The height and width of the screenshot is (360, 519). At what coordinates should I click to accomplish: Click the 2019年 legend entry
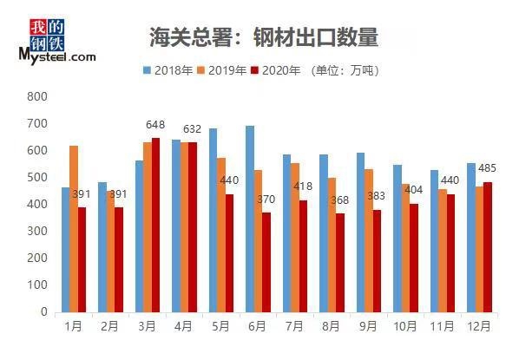(222, 70)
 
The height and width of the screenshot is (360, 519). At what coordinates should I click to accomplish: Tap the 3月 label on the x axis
(146, 326)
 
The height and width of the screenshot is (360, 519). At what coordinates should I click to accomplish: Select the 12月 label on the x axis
(478, 326)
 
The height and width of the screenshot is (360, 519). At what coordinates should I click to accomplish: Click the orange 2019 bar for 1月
(73, 229)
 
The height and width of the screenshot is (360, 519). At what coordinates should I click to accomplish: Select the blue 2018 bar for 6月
(249, 219)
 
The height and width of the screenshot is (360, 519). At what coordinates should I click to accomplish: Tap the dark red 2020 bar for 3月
(155, 225)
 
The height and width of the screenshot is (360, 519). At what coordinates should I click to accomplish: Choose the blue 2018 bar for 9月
(359, 232)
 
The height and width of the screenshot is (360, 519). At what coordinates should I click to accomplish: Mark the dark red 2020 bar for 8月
(341, 262)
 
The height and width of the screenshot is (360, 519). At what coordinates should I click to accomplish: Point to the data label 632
(193, 130)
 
